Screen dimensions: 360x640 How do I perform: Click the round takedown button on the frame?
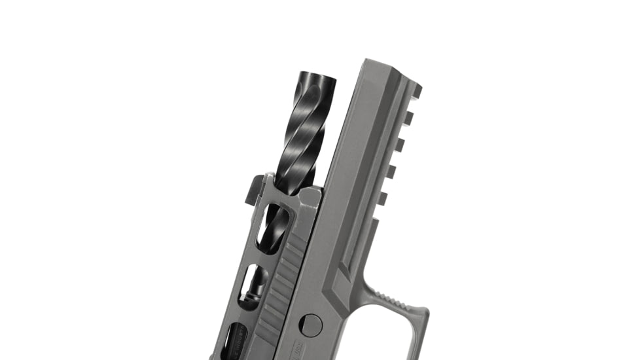pyautogui.click(x=311, y=325)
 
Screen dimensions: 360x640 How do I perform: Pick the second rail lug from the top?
pyautogui.click(x=406, y=118)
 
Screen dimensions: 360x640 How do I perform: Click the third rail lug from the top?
pyautogui.click(x=399, y=145)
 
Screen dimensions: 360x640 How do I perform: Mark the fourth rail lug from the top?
pyautogui.click(x=391, y=171)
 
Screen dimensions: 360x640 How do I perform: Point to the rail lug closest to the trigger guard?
pyautogui.click(x=382, y=197)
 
